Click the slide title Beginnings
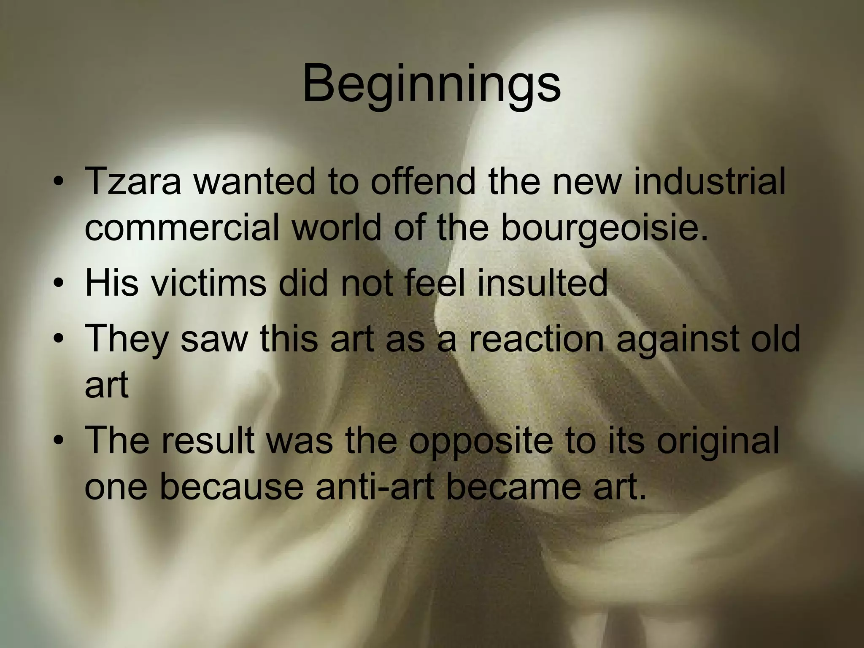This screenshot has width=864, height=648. pyautogui.click(x=431, y=84)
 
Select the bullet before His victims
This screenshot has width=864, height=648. pyautogui.click(x=59, y=283)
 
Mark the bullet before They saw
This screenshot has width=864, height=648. pyautogui.click(x=59, y=340)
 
